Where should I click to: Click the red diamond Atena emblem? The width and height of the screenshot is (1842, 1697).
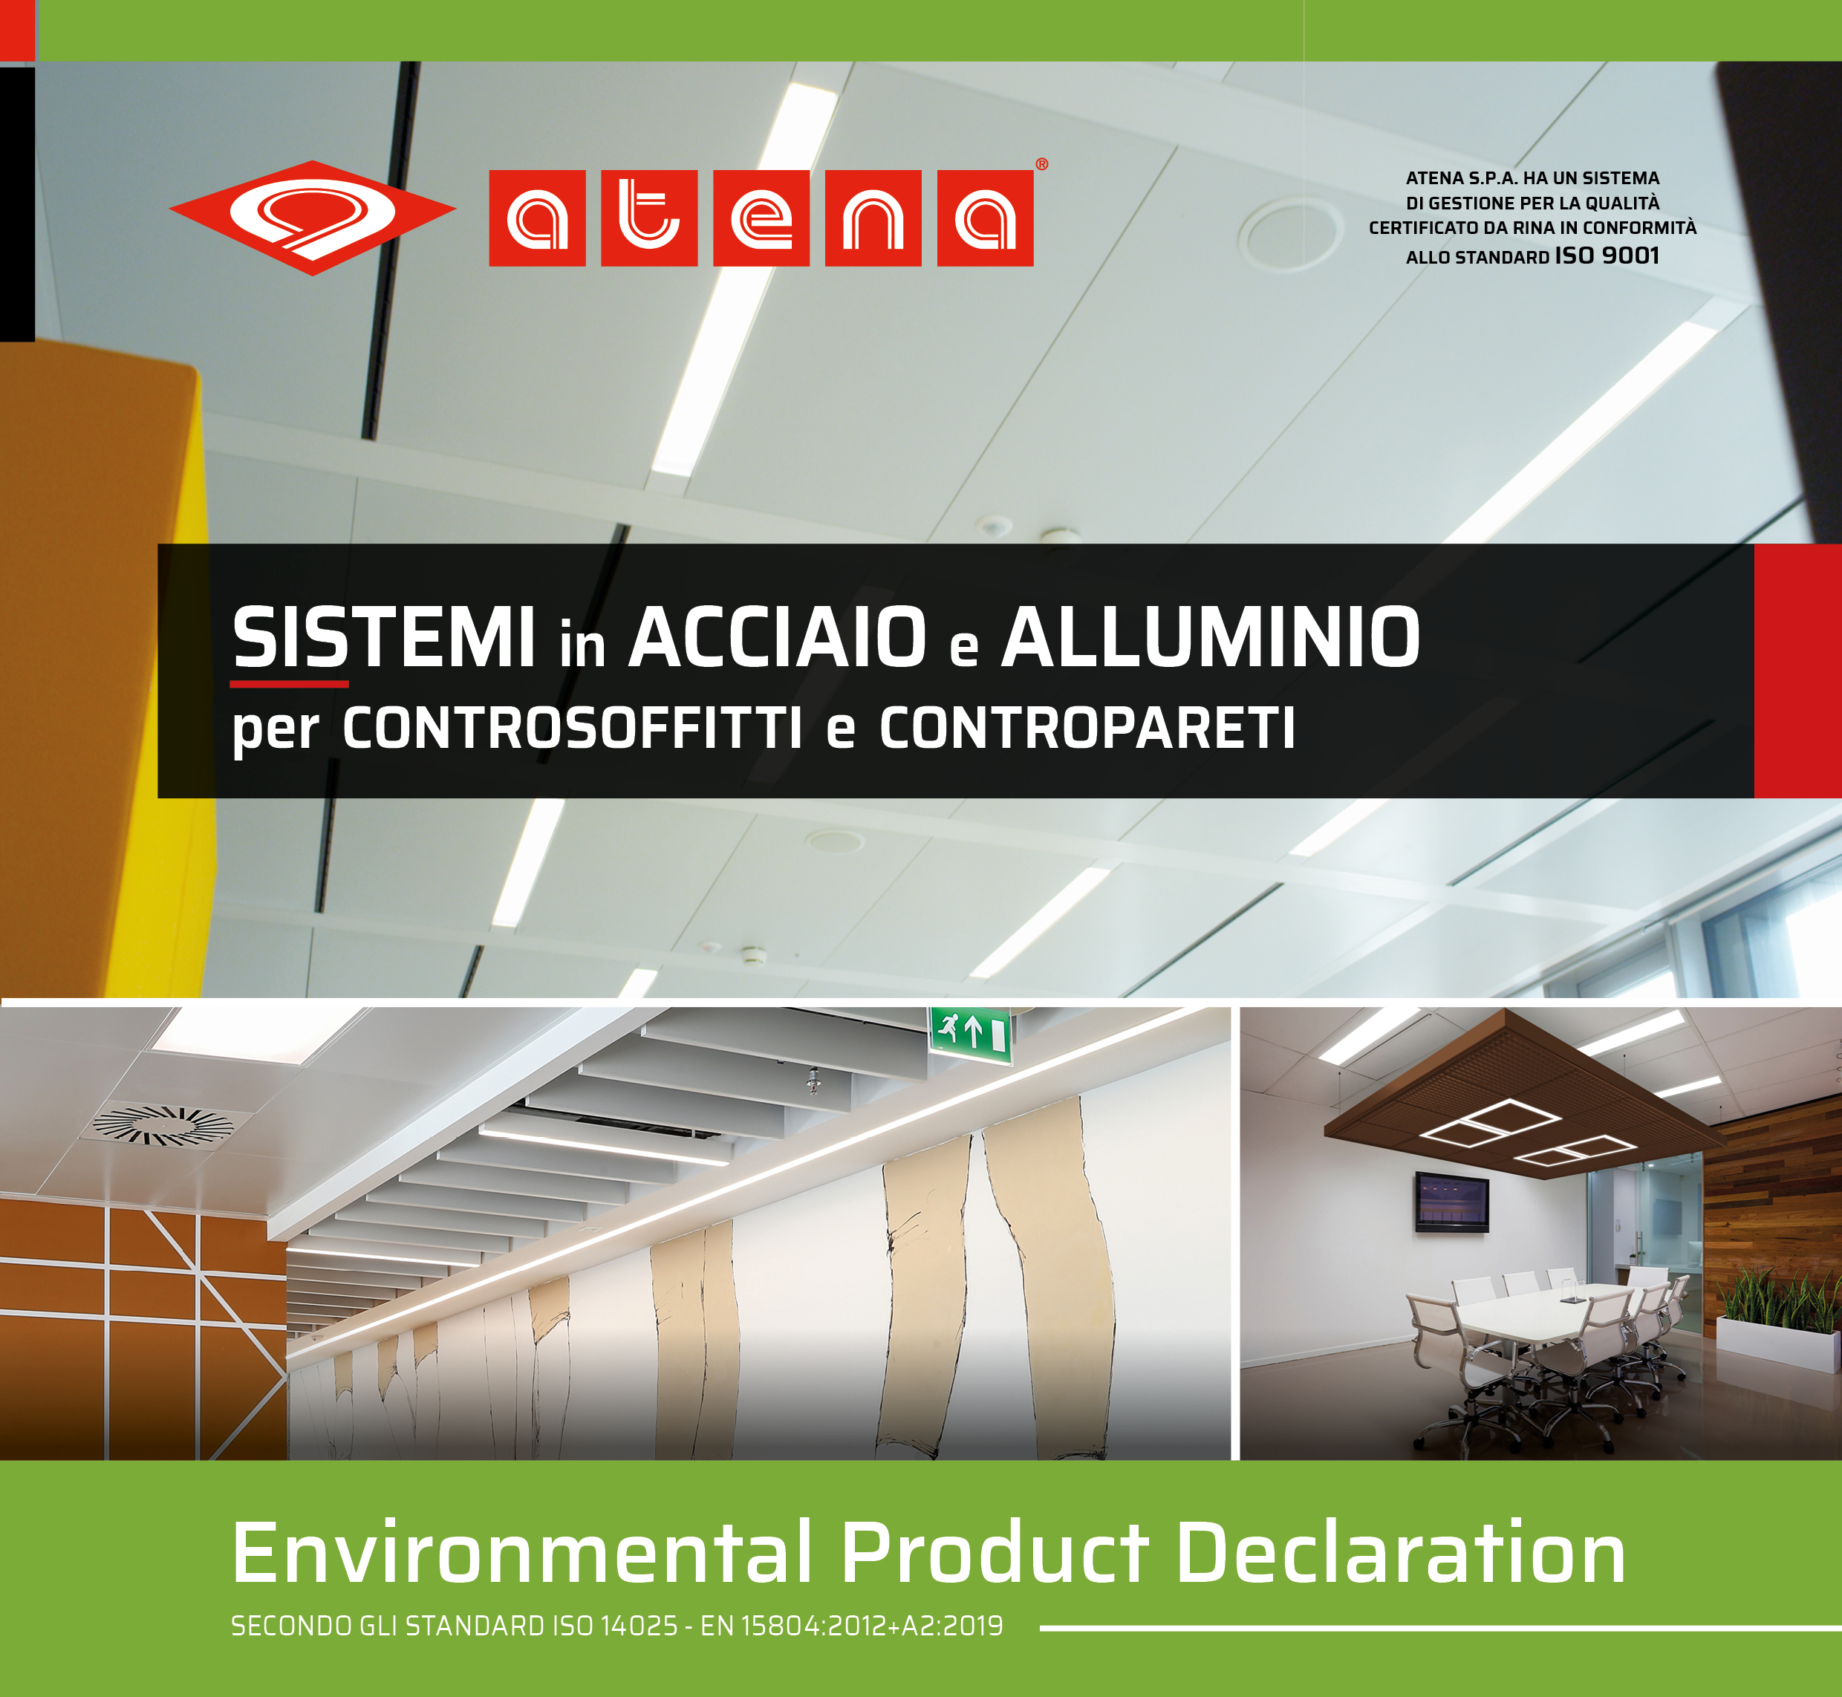click(312, 218)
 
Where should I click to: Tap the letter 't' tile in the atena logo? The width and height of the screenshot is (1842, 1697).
click(649, 218)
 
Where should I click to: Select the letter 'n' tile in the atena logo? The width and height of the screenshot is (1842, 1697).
click(873, 218)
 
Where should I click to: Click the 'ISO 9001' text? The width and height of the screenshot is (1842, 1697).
click(1607, 255)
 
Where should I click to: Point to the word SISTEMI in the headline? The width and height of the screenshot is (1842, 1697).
click(384, 636)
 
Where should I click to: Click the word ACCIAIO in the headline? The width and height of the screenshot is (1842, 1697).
click(777, 636)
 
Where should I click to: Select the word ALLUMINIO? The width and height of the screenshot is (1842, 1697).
click(1210, 636)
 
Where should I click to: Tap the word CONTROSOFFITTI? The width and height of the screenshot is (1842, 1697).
click(572, 729)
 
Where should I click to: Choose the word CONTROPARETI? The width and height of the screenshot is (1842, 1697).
click(1087, 729)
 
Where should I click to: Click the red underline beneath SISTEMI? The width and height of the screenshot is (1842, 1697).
click(288, 684)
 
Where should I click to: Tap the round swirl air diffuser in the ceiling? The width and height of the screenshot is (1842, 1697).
click(163, 1126)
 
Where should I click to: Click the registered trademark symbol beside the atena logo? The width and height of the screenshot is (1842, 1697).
click(1041, 164)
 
